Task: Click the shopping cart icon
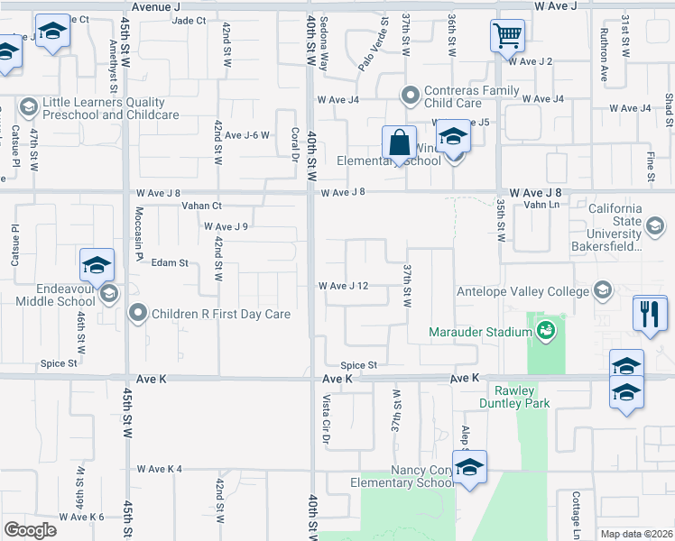(507, 37)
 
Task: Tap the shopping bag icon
(398, 142)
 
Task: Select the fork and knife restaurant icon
(650, 313)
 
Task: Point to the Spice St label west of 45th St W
(59, 363)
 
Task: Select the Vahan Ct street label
(202, 206)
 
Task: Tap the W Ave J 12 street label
(343, 286)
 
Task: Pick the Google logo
(30, 529)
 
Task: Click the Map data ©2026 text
(637, 534)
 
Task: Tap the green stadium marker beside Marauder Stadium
(546, 333)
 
